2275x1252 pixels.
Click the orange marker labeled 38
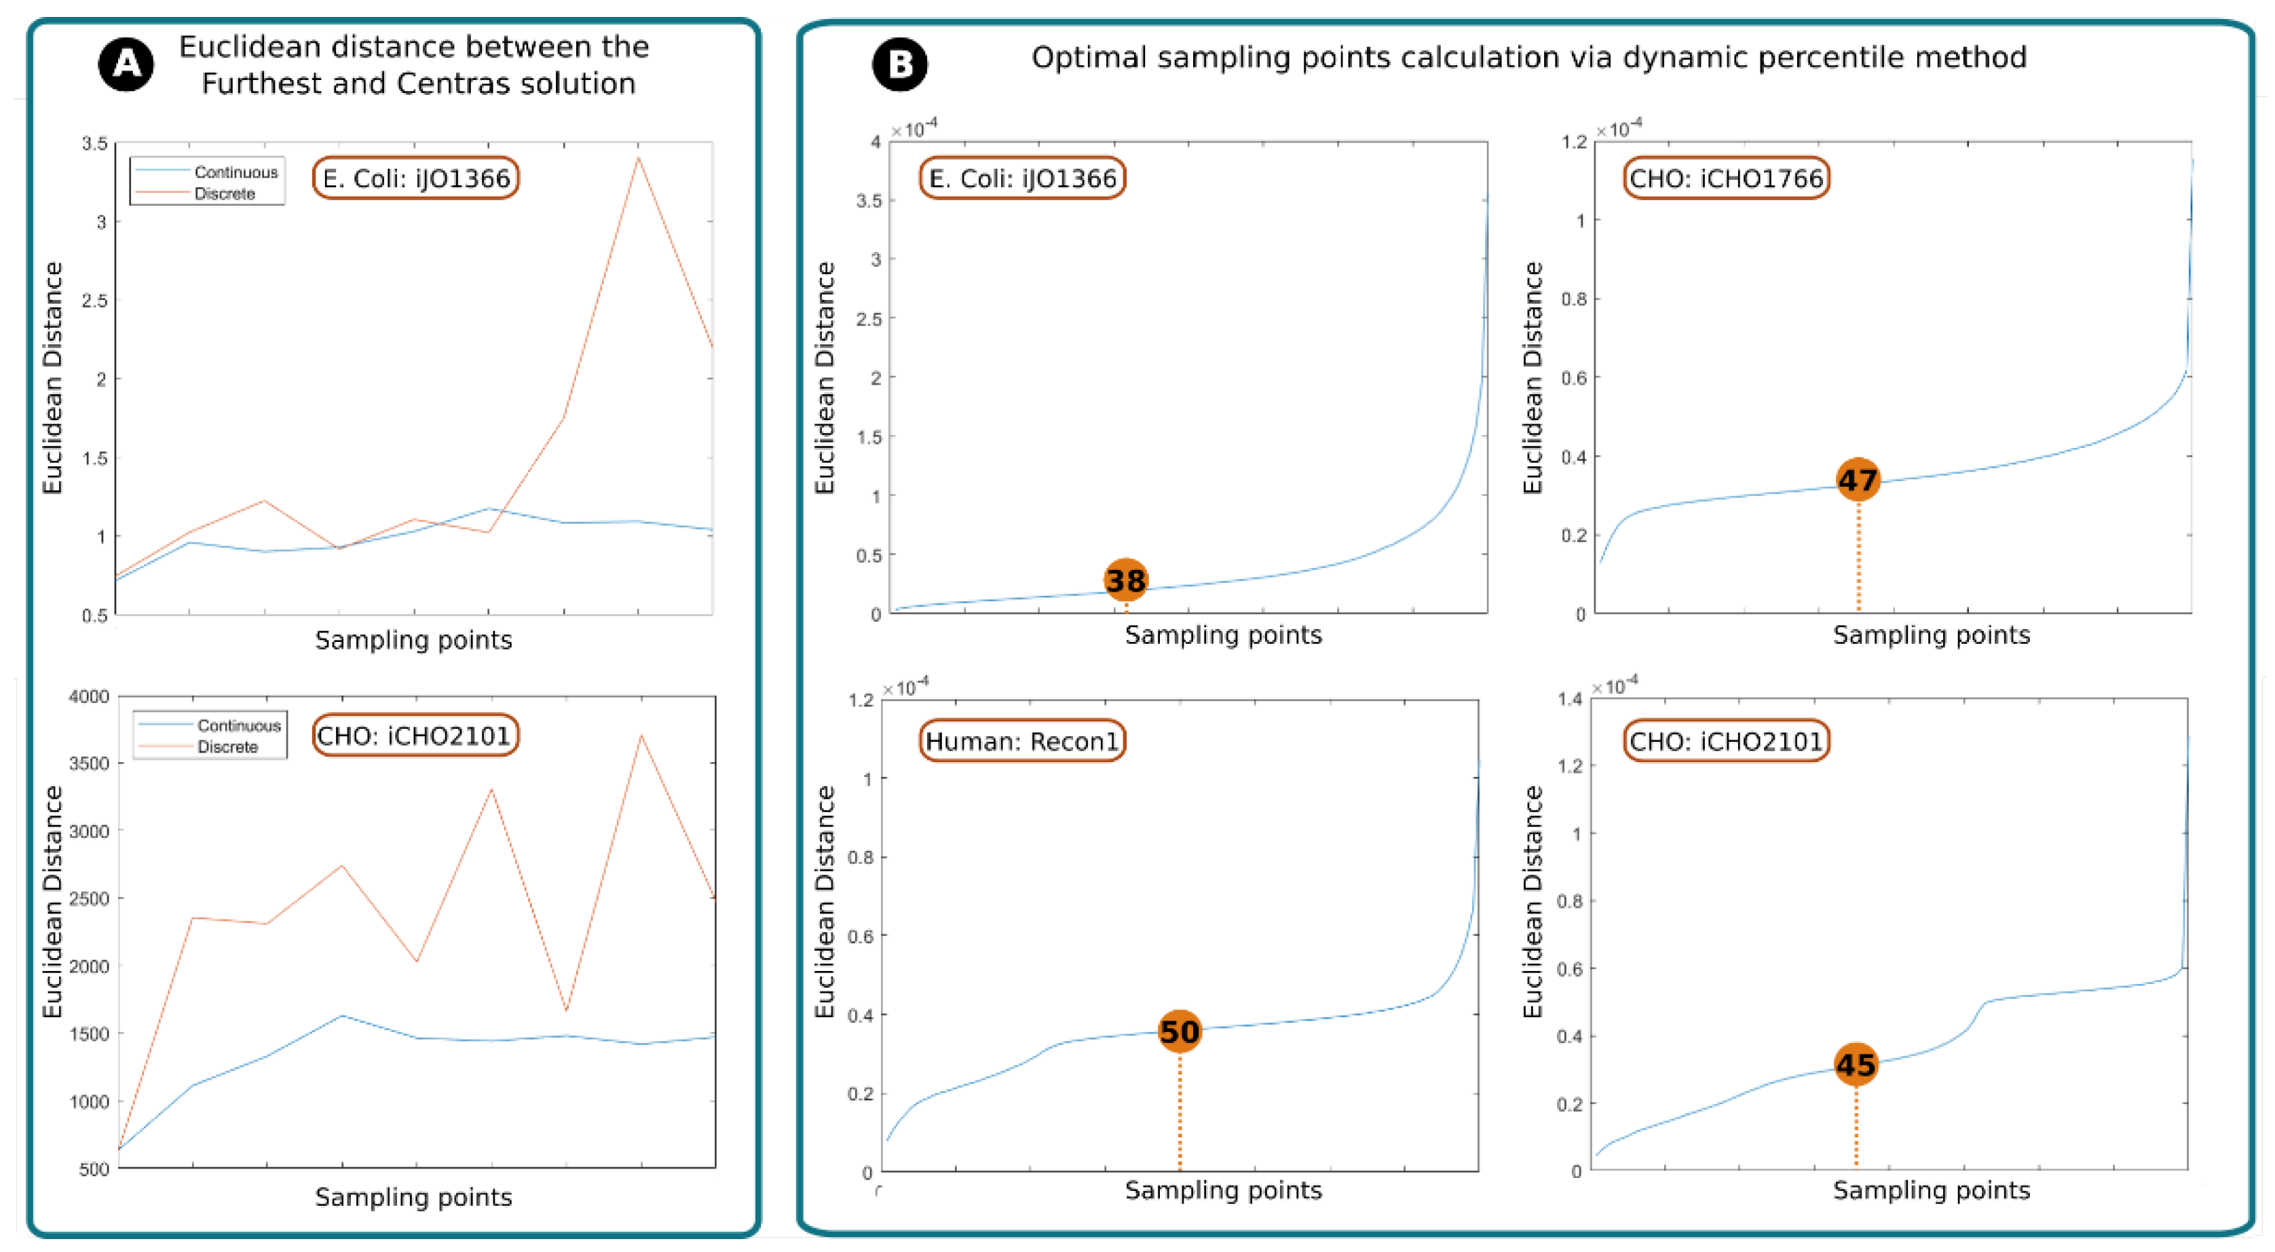pos(1126,580)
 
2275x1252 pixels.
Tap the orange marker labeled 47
pos(1858,480)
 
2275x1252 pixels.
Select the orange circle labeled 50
pos(1179,1031)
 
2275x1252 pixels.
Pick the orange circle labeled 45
pos(1856,1065)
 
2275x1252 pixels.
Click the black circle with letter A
pos(126,64)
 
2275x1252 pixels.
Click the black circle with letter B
pos(899,64)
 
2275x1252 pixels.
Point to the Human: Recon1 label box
pos(1022,741)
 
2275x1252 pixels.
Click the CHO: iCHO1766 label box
pos(1726,178)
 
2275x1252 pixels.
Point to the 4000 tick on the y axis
pos(88,697)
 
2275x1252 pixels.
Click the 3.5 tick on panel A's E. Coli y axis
pos(94,143)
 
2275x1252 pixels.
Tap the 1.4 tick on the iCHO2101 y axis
pos(1569,699)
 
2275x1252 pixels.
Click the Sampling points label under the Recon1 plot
pos(1223,1190)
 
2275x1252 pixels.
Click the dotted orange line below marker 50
pos(1179,1112)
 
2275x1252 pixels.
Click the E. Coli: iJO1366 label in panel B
pos(1022,178)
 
